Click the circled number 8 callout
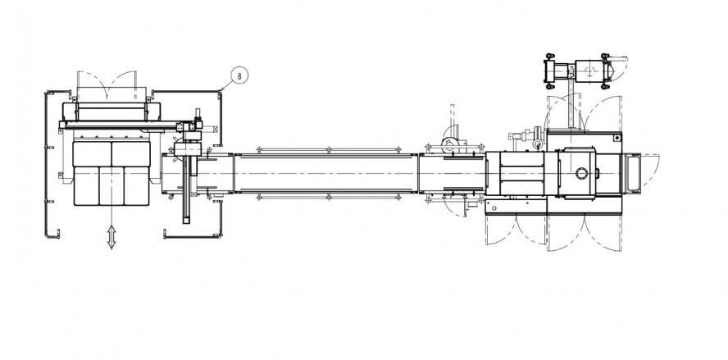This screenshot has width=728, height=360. click(x=239, y=76)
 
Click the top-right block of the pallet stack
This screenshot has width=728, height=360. click(x=130, y=153)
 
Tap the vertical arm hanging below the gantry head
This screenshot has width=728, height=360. click(x=187, y=189)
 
